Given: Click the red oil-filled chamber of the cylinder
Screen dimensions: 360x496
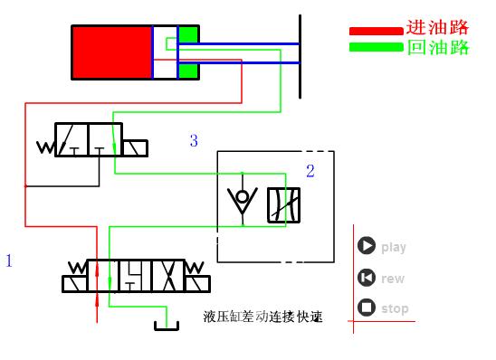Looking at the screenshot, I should click(x=111, y=53).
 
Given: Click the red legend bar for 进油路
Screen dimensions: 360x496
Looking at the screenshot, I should click(x=376, y=31).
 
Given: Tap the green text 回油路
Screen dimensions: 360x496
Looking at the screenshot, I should click(x=438, y=47).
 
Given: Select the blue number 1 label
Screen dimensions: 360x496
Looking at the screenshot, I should click(x=9, y=261).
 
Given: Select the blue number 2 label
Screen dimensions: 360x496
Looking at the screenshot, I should click(x=310, y=171).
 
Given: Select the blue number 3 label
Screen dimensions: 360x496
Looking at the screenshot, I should click(x=193, y=140).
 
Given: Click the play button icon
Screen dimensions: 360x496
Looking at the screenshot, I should click(x=367, y=246).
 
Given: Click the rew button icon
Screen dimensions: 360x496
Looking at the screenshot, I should click(x=367, y=278).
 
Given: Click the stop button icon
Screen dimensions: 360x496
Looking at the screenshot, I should click(x=367, y=308).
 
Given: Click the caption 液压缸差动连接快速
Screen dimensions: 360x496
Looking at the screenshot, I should click(x=263, y=317).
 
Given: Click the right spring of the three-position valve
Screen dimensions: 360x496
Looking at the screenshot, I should click(x=196, y=268).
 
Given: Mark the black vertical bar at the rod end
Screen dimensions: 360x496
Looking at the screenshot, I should click(x=300, y=54).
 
